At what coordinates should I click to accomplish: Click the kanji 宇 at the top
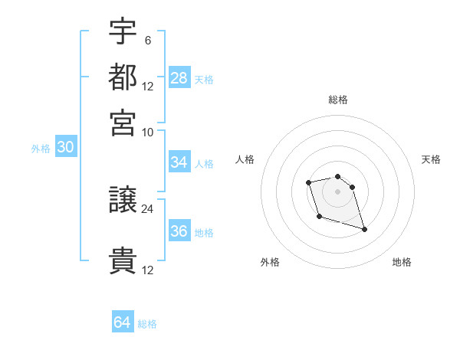tap(123, 31)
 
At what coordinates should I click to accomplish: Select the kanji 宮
tap(123, 122)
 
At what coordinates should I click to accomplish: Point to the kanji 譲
tap(123, 201)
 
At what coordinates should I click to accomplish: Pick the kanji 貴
tap(123, 261)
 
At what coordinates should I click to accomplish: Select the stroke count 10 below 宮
tap(147, 132)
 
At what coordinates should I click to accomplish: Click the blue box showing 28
tap(179, 78)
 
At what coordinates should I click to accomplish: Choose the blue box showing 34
tap(179, 162)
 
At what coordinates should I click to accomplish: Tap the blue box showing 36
tap(179, 232)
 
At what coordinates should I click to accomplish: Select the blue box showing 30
tap(65, 148)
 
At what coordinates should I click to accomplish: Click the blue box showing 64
tap(123, 322)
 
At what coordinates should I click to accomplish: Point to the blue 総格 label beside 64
tap(147, 324)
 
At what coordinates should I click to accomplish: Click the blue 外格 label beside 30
tap(41, 149)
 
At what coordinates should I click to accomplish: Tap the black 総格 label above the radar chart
tap(338, 100)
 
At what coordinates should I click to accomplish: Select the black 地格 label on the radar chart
tap(402, 262)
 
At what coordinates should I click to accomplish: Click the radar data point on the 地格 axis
tap(364, 229)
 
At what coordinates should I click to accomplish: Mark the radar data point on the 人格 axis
tap(308, 182)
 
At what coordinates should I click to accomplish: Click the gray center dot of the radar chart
tap(338, 191)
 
